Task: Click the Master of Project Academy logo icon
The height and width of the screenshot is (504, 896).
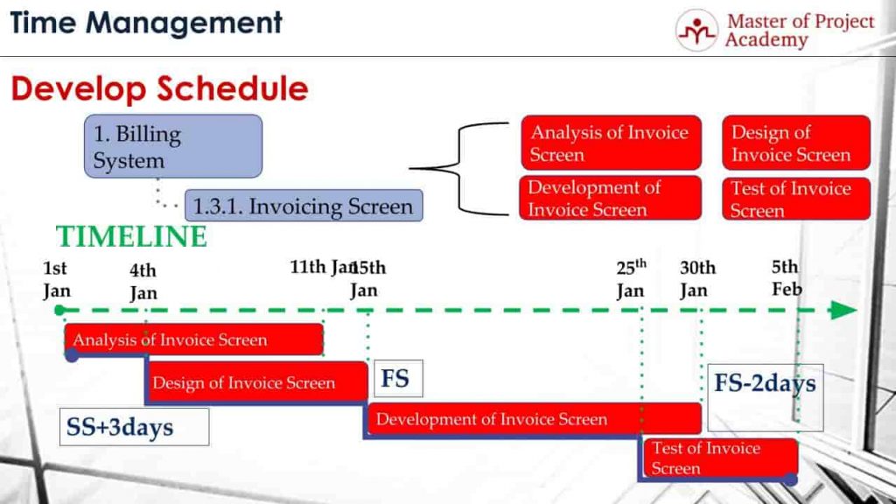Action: [696, 31]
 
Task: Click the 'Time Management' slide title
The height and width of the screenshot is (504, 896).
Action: [146, 23]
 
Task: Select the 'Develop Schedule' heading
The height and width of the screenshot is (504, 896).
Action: [159, 88]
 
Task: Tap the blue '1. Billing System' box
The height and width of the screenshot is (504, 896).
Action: [174, 146]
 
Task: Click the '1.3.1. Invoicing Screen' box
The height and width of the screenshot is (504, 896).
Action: [303, 206]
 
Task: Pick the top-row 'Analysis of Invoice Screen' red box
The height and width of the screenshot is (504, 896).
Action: [611, 143]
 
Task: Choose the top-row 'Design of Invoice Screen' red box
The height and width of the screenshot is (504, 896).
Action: [795, 143]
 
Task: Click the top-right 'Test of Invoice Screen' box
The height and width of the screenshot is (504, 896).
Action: [795, 199]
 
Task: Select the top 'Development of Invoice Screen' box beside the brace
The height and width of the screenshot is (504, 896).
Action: [611, 198]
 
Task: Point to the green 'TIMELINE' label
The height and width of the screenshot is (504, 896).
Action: [131, 236]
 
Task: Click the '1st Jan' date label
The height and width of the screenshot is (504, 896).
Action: [56, 280]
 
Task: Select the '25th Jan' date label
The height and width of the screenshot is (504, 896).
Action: [631, 278]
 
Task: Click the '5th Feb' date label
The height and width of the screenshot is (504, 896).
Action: [786, 278]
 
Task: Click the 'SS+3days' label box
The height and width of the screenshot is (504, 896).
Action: [134, 427]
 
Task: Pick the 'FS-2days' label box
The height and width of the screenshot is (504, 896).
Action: [765, 385]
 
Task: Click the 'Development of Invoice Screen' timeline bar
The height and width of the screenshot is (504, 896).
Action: [534, 419]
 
